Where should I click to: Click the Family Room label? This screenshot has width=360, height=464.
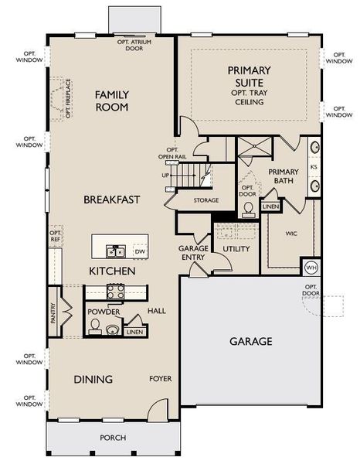112,101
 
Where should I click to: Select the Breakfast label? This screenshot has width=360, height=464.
112,200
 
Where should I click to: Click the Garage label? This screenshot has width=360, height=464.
251,341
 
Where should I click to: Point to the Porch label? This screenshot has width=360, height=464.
113,438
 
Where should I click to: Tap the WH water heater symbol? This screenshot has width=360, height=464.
311,268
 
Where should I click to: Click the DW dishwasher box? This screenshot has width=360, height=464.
140,251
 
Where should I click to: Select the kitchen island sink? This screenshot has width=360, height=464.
117,251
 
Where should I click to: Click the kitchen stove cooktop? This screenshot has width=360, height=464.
115,292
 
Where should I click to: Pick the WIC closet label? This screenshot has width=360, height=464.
291,233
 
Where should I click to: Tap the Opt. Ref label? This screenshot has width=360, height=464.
55,236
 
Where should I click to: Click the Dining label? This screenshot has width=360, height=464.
93,379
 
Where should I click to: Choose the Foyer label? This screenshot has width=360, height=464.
160,379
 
